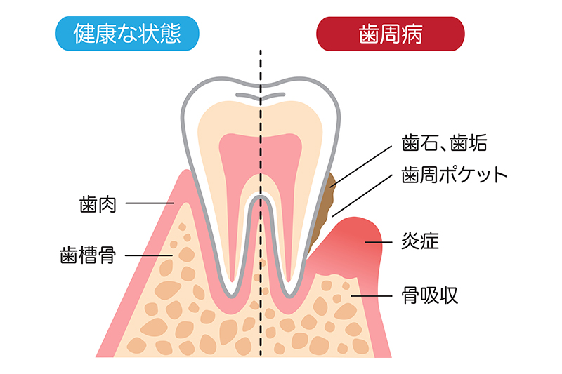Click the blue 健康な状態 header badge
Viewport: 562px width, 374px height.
(127, 33)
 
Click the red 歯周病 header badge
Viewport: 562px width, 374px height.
(391, 34)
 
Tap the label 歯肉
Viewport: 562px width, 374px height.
(98, 204)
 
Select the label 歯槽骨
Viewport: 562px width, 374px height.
(88, 255)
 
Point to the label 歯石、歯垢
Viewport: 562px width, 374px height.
(444, 142)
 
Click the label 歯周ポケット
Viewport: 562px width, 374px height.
(454, 175)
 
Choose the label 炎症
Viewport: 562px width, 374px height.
(420, 241)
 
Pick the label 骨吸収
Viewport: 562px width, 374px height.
(430, 295)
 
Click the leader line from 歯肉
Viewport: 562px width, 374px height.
(150, 203)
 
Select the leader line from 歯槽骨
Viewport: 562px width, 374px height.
(149, 255)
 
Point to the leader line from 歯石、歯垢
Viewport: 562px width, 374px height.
(361, 166)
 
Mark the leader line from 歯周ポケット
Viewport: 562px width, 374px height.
(362, 195)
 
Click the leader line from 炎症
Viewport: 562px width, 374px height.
(379, 242)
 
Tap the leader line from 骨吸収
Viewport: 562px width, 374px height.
(372, 296)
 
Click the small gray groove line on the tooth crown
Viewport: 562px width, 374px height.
(261, 95)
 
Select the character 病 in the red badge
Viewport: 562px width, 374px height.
(412, 34)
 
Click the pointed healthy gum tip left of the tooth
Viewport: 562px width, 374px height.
(187, 171)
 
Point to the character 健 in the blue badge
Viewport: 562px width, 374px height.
(84, 33)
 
